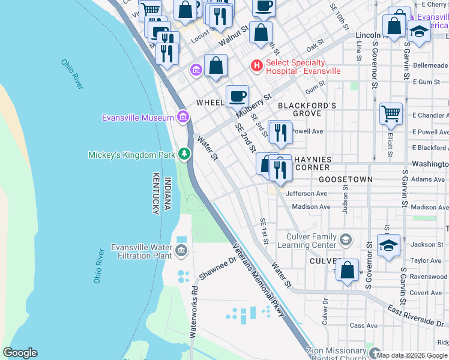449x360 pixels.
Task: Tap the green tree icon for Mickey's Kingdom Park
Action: pyautogui.click(x=184, y=155)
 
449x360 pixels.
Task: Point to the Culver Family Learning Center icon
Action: pyautogui.click(x=345, y=239)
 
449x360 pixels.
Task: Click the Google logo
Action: pyautogui.click(x=20, y=353)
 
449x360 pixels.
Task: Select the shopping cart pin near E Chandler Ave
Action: pyautogui.click(x=391, y=113)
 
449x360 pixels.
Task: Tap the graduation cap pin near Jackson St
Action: pyautogui.click(x=388, y=245)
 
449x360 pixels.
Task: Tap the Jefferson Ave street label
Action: pyautogui.click(x=306, y=194)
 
